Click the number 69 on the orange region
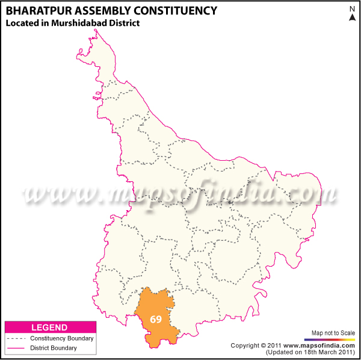click(156, 319)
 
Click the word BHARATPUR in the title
click(38, 11)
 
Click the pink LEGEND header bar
click(50, 327)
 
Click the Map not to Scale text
click(333, 333)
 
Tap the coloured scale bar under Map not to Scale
click(333, 340)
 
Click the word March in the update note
click(319, 352)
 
